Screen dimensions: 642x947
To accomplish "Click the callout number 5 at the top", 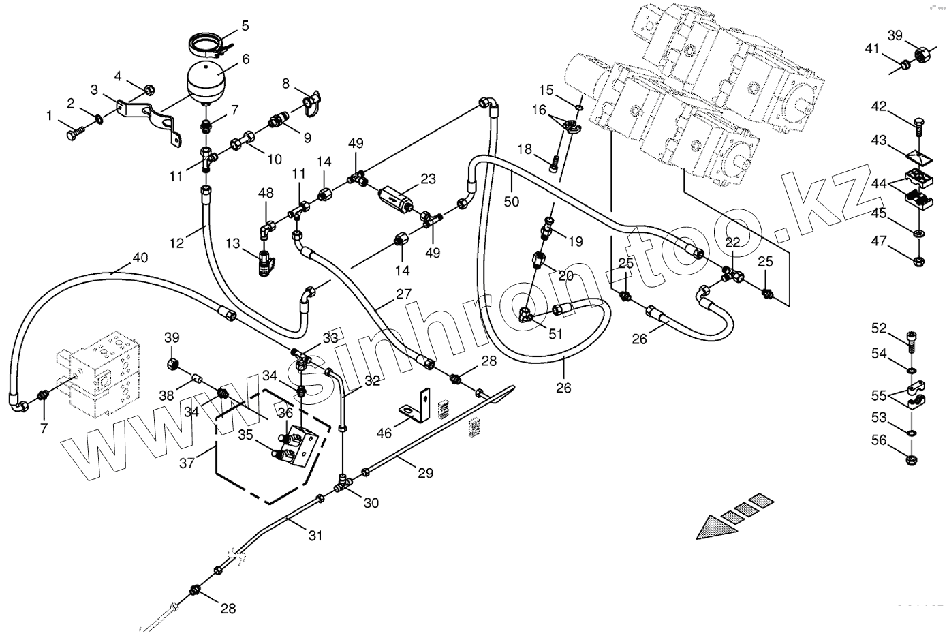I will (245, 26).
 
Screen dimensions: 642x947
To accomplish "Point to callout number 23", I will (428, 180).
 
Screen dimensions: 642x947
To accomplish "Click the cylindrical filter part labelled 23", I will (394, 192).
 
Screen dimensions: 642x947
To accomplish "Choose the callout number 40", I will (139, 258).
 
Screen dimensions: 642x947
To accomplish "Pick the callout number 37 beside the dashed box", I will (187, 463).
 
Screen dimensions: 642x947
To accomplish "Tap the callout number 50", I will (512, 201).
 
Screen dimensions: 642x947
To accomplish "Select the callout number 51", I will (556, 333).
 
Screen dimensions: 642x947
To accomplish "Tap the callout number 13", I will (233, 243).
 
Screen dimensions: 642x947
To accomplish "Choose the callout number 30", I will (371, 504).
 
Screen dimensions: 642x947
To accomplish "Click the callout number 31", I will (314, 536).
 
